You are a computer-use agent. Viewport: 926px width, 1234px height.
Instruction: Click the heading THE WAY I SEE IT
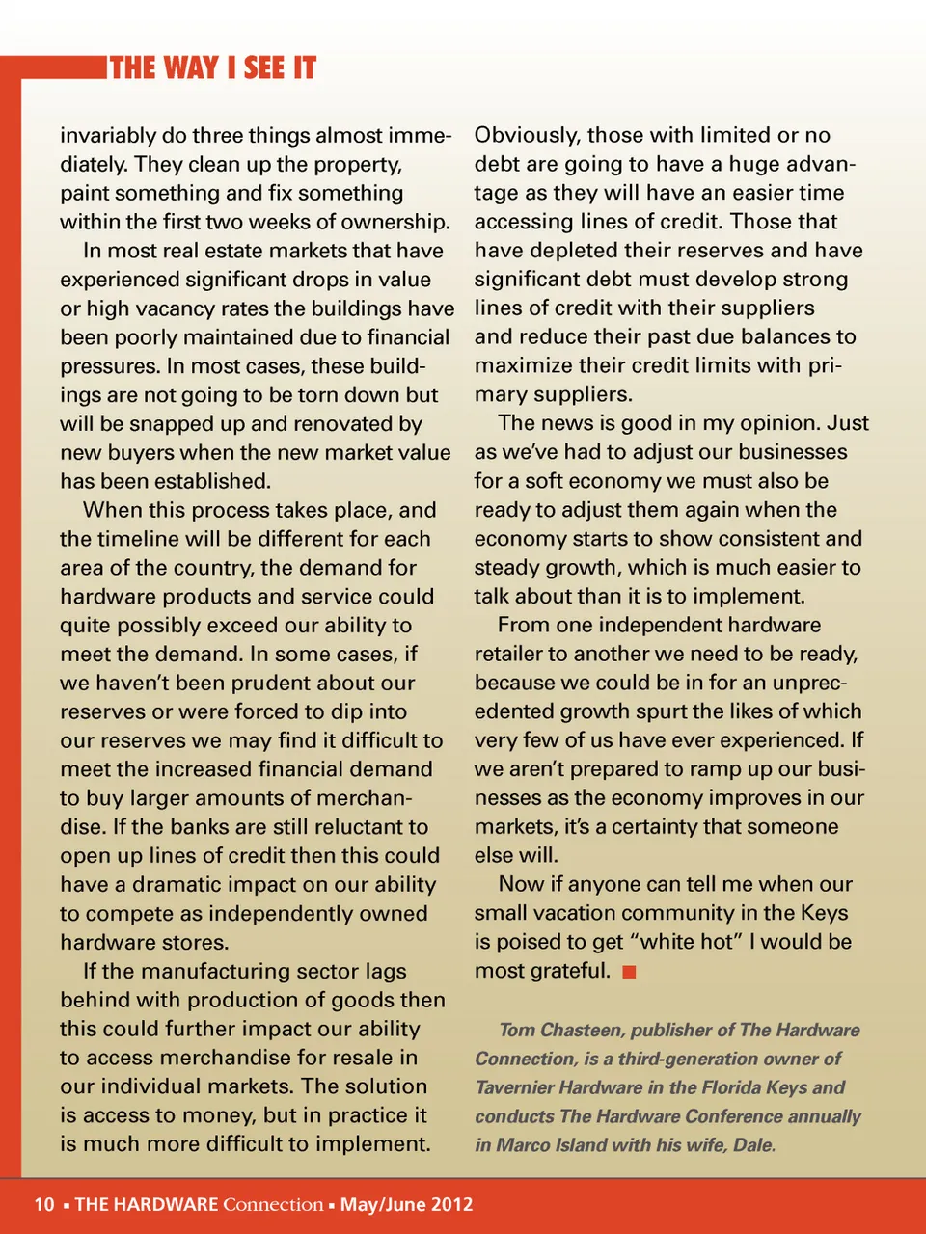point(213,68)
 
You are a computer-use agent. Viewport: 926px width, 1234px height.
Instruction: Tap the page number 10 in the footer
point(44,1204)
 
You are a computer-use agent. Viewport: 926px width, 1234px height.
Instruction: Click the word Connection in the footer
point(273,1204)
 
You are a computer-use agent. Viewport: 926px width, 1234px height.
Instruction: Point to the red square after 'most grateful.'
point(630,972)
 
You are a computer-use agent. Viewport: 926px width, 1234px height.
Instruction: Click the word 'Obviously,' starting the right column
point(527,136)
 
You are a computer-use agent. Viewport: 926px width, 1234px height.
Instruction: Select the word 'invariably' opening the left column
point(108,136)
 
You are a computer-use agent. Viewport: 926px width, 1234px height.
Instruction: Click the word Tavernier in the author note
point(519,1087)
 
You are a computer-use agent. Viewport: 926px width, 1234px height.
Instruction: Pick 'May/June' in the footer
point(378,1204)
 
